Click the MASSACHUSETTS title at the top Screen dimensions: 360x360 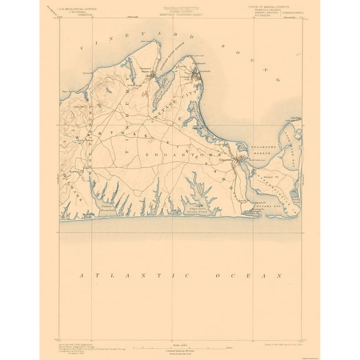pyautogui.click(x=179, y=7)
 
